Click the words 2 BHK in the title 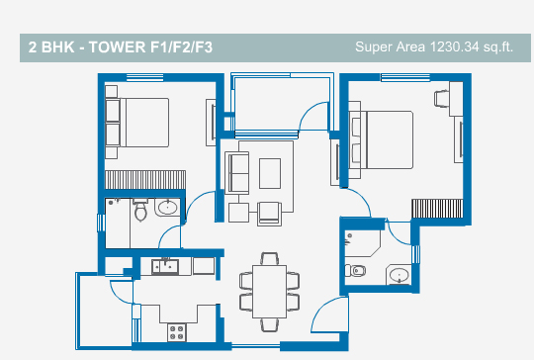(x=51, y=47)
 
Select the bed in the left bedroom (x=136, y=123)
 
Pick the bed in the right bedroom (x=381, y=139)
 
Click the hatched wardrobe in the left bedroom (x=145, y=180)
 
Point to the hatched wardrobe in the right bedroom (x=437, y=209)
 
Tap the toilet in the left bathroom (x=140, y=210)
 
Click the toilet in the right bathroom (x=356, y=271)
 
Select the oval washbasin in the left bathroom (x=167, y=207)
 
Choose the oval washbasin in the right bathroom (x=399, y=275)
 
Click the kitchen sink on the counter (x=165, y=267)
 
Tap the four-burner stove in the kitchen (x=177, y=332)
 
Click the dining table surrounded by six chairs (x=269, y=292)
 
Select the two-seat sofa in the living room (x=237, y=173)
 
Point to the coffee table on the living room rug (x=270, y=173)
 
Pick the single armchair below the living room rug (x=269, y=214)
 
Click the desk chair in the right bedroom (x=442, y=99)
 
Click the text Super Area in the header (x=390, y=46)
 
